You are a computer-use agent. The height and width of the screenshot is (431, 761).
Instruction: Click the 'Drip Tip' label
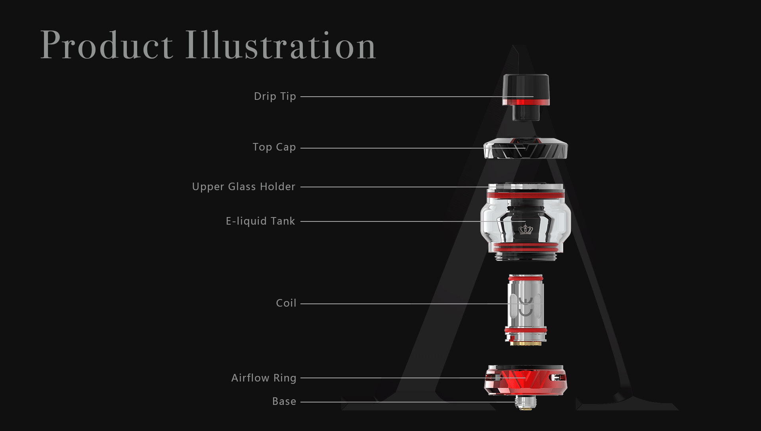point(275,97)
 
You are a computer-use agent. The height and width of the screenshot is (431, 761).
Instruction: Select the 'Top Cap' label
point(274,147)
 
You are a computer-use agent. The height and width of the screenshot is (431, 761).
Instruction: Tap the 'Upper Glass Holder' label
point(244,187)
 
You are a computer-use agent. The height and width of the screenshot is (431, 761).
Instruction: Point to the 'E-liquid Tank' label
point(260,221)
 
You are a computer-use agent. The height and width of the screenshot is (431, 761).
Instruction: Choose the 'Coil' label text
point(286,303)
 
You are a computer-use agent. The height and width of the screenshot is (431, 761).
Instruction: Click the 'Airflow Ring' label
point(264,378)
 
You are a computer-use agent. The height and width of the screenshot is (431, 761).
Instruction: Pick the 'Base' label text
point(284,401)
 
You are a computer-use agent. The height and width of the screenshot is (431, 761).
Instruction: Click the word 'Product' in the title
point(107,45)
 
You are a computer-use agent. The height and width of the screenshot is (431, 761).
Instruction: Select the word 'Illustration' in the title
point(281,45)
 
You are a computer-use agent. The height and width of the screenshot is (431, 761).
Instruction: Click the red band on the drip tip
point(526,102)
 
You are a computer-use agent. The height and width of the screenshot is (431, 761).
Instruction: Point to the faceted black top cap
point(526,149)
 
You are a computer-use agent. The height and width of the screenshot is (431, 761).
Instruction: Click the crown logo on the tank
point(526,229)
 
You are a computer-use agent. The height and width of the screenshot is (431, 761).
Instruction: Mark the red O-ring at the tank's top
point(526,195)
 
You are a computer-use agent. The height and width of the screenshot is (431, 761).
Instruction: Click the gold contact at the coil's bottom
point(526,343)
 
